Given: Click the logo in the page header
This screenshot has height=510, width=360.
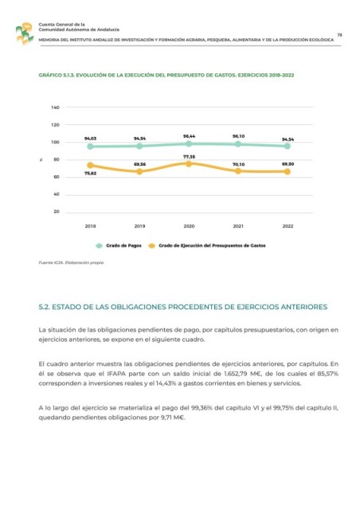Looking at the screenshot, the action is point(25,33).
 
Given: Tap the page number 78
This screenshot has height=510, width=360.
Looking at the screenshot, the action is point(339,35).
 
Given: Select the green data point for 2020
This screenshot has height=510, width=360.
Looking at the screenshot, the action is point(189,143).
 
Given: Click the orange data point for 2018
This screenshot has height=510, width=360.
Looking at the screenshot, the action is point(90,165).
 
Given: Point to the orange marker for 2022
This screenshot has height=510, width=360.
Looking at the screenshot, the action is point(288,171).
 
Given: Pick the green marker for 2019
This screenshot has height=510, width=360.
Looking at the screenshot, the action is point(139,146).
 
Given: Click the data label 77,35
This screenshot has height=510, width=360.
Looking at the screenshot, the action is point(189,157).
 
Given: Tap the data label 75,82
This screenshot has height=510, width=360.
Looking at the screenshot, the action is point(91,174).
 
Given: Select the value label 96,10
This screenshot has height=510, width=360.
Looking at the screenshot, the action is point(238,136).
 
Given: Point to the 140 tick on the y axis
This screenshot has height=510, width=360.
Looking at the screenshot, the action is point(55,108).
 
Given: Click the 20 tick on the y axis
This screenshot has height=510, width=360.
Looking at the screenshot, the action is point(57,211).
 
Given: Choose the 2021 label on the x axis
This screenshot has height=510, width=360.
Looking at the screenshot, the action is point(238,226).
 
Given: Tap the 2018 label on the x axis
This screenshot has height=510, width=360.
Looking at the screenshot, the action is point(91,226).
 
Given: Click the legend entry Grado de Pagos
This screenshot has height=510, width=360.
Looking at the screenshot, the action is point(119,245).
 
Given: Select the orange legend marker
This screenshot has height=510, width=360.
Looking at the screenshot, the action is point(151,246).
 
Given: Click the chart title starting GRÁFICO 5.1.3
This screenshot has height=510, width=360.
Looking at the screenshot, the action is point(166,75).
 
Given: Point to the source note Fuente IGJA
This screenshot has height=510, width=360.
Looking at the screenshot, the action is point(71,262).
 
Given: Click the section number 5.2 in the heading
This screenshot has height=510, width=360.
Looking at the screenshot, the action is point(44,307).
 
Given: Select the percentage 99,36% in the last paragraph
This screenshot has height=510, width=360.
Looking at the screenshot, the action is point(202,408).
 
